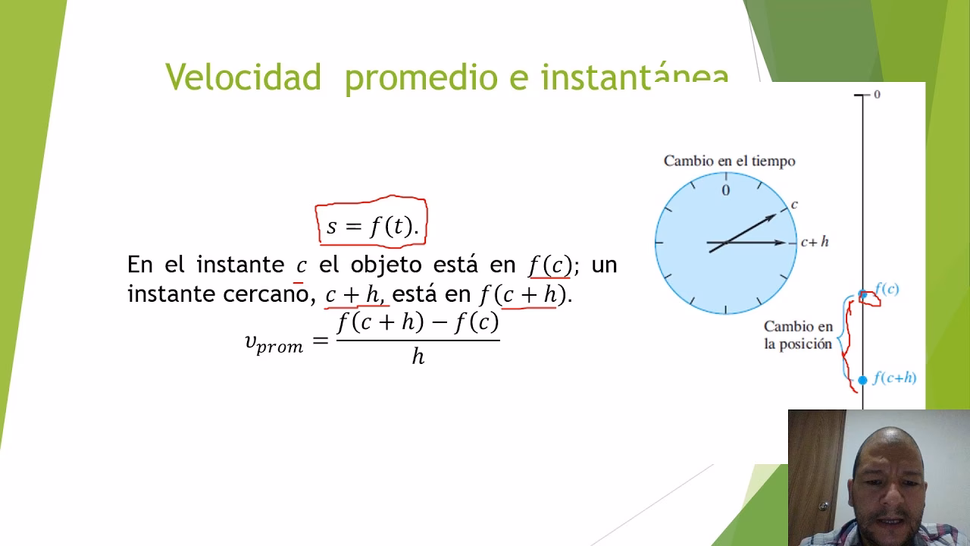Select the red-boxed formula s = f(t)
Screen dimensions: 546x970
[x=371, y=225]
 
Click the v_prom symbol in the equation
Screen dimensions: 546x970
[x=274, y=343]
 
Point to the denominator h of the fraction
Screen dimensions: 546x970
[x=418, y=356]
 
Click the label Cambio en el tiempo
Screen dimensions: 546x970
[x=729, y=161]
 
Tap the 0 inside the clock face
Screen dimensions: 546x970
[x=725, y=190]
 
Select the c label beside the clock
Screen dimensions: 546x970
[x=794, y=205]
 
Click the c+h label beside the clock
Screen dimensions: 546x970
[x=815, y=242]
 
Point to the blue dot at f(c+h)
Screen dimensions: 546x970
[x=862, y=379]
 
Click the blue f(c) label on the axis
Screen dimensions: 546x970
[x=887, y=289]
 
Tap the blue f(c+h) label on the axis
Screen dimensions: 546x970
[x=894, y=378]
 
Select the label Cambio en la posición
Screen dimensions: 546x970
[x=798, y=335]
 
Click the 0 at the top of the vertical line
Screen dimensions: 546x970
[x=877, y=95]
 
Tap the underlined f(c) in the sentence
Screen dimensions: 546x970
[x=550, y=265]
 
